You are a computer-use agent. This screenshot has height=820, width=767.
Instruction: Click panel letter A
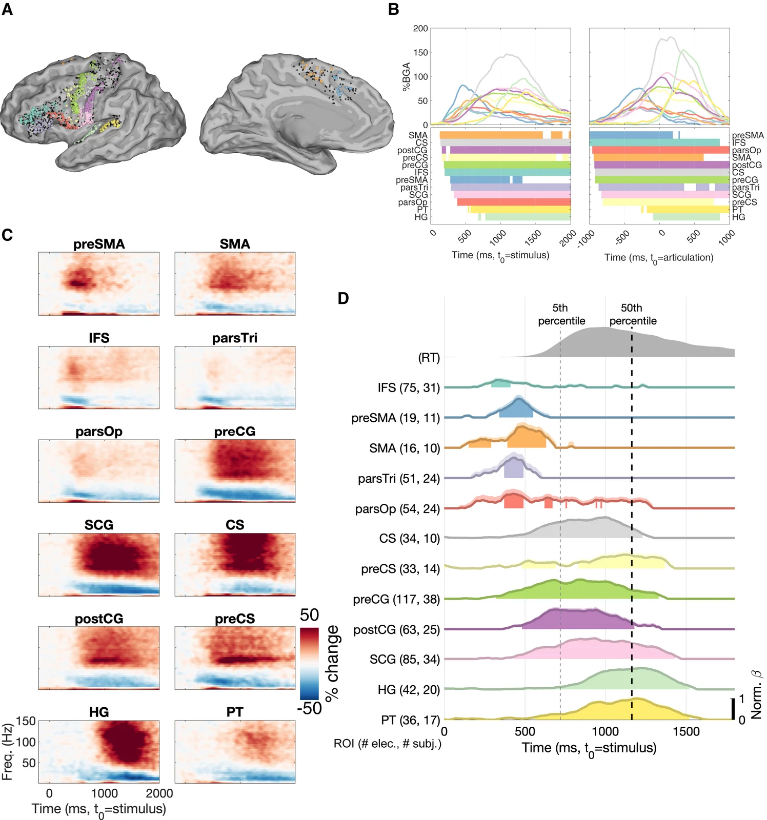(7, 9)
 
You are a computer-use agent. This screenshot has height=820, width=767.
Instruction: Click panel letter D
(343, 299)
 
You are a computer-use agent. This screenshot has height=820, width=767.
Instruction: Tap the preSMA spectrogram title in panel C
(99, 244)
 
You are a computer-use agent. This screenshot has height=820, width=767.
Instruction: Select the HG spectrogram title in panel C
(99, 712)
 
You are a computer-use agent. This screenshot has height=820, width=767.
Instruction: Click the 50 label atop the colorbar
(309, 615)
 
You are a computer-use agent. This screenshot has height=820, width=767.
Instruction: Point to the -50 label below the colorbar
(309, 708)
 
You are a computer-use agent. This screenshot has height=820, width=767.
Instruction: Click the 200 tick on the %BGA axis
(420, 29)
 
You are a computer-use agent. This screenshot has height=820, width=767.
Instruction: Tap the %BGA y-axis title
(407, 77)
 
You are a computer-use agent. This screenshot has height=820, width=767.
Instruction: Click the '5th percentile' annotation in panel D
(561, 314)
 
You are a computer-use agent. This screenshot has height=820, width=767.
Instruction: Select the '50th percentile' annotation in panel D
(633, 314)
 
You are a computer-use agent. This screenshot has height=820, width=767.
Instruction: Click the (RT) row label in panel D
(429, 358)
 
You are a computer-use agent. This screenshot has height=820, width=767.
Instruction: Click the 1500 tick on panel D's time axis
(686, 731)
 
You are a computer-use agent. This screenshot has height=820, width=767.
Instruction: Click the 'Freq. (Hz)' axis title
(7, 752)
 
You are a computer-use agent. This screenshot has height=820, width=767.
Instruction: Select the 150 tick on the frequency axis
(26, 721)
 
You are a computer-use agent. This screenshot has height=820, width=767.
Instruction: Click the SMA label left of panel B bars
(418, 135)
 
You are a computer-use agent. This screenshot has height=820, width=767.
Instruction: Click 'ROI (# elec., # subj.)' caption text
(387, 744)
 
